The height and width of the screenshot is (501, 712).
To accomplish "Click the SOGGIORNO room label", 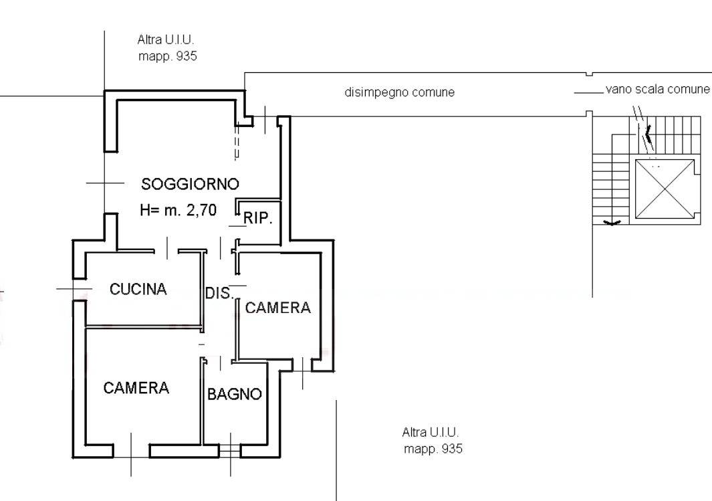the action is [x=190, y=184].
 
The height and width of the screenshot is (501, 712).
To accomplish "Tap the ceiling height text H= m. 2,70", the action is [x=178, y=210].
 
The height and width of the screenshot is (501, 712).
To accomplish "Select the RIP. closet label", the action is [x=258, y=219].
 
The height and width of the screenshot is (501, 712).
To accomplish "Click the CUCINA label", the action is [x=138, y=289].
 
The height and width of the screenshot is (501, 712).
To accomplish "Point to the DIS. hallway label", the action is [x=219, y=293].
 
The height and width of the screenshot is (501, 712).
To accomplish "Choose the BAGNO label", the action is [x=234, y=394].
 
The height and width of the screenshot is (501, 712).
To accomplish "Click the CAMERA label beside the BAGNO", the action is [x=136, y=388].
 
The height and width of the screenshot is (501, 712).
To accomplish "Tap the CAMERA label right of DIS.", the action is [x=278, y=308].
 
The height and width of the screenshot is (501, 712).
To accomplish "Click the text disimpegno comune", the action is [x=400, y=92].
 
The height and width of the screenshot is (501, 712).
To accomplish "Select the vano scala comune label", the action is [x=657, y=89].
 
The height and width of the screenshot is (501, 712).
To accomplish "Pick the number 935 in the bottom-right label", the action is [x=452, y=449].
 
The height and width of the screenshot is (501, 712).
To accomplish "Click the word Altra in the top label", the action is [x=150, y=40].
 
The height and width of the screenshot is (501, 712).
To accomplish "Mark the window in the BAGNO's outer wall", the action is [x=230, y=450].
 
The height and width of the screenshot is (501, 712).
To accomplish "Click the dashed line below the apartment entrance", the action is [x=236, y=142].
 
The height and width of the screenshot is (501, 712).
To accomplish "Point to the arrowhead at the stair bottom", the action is [x=612, y=223].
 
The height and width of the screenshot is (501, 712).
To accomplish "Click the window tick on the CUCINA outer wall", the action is [x=74, y=289].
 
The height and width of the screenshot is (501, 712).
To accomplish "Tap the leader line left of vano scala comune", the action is [x=589, y=93].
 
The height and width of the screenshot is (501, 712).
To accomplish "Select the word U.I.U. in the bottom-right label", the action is [x=444, y=432].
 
